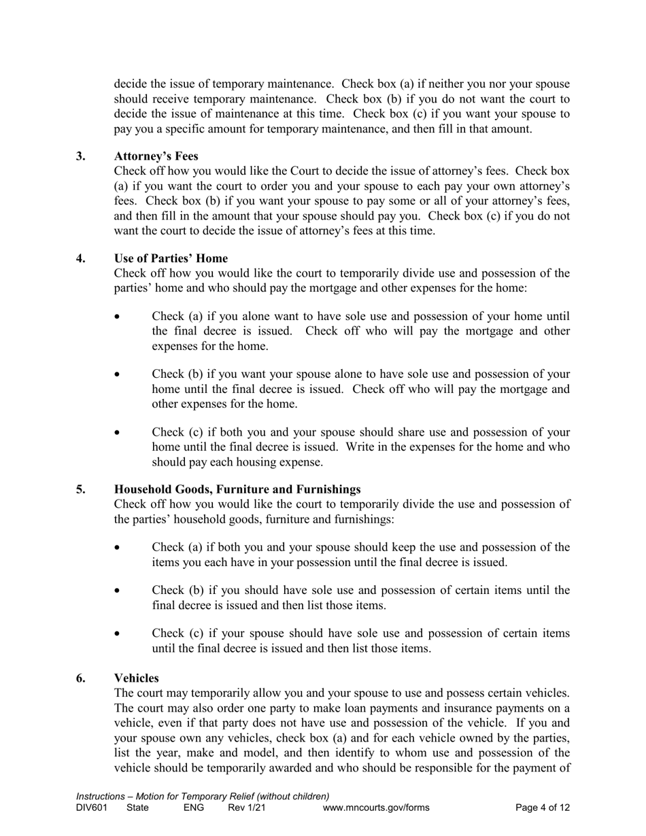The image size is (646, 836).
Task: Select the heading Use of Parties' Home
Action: [x=171, y=258]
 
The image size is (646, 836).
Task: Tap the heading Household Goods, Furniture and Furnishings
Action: [x=237, y=489]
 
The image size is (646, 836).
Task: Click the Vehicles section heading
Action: [x=137, y=678]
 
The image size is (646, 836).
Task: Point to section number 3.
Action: [x=81, y=156]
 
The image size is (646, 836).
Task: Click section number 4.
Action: [x=81, y=258]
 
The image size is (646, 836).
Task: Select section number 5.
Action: [x=81, y=489]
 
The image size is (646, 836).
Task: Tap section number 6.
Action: [x=81, y=678]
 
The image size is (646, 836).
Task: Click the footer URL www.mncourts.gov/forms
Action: [x=376, y=808]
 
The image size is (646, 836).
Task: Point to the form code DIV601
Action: [x=92, y=808]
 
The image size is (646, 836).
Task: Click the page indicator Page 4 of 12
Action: [x=543, y=808]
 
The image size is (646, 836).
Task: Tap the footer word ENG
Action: [x=194, y=808]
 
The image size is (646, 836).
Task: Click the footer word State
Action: [x=138, y=808]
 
